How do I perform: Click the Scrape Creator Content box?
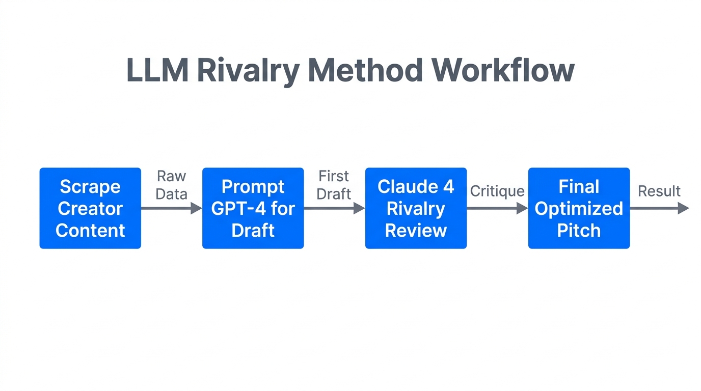pos(90,208)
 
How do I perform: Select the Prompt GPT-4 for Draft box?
pos(253,208)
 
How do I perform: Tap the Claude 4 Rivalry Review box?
pos(416,208)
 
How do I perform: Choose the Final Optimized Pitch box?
pos(579,208)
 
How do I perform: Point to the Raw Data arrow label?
pos(171,185)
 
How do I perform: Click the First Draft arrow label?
pos(334,185)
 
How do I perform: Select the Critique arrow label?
pos(497,191)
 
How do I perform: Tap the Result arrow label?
pos(659,191)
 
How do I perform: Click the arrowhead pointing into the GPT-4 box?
pos(196,208)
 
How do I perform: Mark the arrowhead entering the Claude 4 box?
pos(359,208)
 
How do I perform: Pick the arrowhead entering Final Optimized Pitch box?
pos(522,208)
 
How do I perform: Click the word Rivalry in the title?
pos(248,70)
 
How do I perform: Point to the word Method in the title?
pos(365,70)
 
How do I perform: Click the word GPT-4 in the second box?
pos(238,208)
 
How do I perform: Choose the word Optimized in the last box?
pos(579,208)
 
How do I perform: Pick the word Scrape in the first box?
pos(90,187)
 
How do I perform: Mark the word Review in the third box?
pos(416,230)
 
